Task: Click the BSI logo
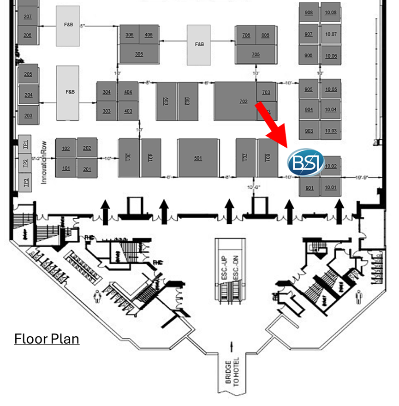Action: click(305, 162)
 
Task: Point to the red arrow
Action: click(272, 121)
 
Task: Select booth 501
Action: click(198, 158)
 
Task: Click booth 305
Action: click(139, 54)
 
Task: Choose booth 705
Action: click(256, 54)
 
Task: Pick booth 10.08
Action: click(331, 12)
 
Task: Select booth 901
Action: click(309, 188)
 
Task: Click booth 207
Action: click(28, 17)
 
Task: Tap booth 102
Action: click(66, 148)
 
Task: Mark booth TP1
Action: click(26, 143)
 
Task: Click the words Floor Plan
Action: click(47, 339)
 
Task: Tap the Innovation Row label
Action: click(45, 161)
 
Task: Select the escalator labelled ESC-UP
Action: click(224, 265)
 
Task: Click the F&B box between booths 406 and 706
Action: click(199, 44)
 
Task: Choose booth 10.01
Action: click(331, 188)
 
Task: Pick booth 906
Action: click(309, 56)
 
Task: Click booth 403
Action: click(128, 111)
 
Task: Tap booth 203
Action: click(29, 115)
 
